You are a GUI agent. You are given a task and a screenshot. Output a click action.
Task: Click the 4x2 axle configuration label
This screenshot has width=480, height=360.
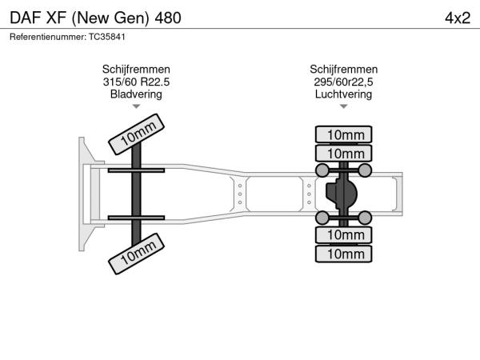click(458, 18)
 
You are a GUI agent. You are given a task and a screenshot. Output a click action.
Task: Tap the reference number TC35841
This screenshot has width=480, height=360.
click(107, 37)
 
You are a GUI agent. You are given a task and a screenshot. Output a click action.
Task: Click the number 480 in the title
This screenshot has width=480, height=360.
click(168, 18)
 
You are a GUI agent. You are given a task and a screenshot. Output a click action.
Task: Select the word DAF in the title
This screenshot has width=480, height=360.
click(26, 18)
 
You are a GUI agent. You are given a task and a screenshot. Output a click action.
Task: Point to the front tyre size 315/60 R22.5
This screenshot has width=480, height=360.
click(136, 82)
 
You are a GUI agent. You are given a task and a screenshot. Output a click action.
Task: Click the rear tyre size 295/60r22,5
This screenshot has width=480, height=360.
click(343, 82)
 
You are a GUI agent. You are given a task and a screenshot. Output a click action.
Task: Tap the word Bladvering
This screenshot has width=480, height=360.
click(136, 94)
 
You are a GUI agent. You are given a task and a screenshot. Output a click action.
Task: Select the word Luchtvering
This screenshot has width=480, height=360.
click(343, 94)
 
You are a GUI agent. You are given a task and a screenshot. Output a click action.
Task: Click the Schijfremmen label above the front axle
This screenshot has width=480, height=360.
click(136, 70)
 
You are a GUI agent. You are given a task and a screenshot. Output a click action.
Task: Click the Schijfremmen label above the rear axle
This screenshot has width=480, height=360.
click(343, 70)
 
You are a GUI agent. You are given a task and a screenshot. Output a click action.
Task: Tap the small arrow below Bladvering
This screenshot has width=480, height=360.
click(136, 106)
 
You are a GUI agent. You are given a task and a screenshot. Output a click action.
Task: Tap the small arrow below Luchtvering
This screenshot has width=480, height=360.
click(343, 106)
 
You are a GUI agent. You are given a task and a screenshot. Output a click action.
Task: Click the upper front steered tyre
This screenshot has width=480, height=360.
click(136, 134)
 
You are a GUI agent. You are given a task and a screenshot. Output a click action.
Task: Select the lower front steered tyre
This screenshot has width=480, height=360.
click(136, 254)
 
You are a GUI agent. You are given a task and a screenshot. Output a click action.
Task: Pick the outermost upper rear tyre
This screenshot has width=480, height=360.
click(343, 134)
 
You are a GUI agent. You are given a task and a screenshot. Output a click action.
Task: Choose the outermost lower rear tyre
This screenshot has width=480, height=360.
click(343, 254)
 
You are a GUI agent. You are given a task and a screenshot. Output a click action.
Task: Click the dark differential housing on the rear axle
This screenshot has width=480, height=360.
click(341, 194)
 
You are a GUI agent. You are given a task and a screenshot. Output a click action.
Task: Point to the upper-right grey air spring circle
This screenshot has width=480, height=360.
click(365, 170)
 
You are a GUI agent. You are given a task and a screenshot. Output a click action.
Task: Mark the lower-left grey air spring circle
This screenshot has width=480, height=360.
click(322, 218)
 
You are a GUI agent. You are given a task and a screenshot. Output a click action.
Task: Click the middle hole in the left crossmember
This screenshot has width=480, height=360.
click(240, 194)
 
